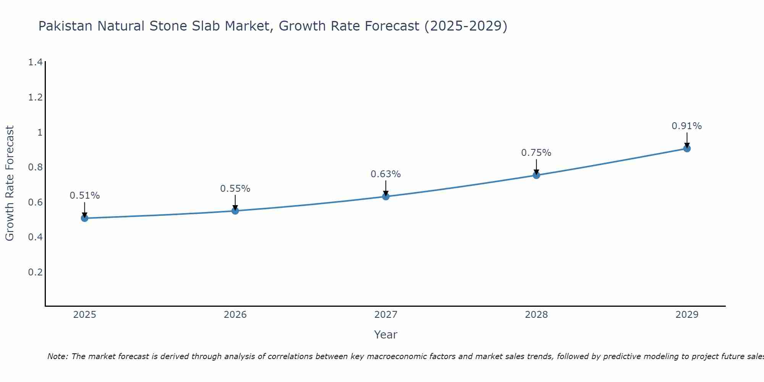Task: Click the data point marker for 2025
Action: [x=84, y=218]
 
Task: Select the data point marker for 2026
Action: [x=235, y=211]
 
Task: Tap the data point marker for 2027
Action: [x=386, y=196]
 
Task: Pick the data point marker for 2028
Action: [x=536, y=175]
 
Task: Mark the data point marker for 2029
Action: [x=687, y=149]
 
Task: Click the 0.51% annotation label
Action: [x=84, y=196]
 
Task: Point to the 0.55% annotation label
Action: [x=235, y=189]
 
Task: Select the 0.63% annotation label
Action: [x=386, y=174]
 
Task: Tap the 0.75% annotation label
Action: [x=536, y=153]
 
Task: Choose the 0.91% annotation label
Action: [x=687, y=126]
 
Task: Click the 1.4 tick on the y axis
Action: [x=35, y=62]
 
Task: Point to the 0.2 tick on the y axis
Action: [x=35, y=272]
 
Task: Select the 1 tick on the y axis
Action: [x=39, y=133]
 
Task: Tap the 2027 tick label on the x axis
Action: [x=386, y=315]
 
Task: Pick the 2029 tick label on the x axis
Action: [x=687, y=315]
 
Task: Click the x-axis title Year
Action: [x=386, y=335]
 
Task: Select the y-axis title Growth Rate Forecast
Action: [x=10, y=183]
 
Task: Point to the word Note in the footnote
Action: [x=57, y=356]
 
